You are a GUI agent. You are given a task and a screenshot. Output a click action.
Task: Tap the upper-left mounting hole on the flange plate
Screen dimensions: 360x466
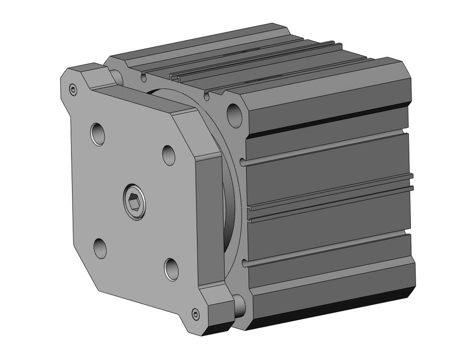pyautogui.click(x=98, y=134)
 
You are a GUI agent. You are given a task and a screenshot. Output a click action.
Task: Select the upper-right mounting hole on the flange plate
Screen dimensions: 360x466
pyautogui.click(x=169, y=155)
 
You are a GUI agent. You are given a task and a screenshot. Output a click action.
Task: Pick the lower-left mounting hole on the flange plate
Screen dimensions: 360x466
pyautogui.click(x=100, y=248)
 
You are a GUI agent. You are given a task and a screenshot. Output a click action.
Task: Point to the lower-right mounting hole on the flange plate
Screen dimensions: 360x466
pyautogui.click(x=171, y=268)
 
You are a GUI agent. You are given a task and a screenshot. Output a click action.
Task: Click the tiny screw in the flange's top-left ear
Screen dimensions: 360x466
pyautogui.click(x=73, y=91)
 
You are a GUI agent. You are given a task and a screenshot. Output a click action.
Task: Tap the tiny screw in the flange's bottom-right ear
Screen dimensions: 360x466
pyautogui.click(x=195, y=314)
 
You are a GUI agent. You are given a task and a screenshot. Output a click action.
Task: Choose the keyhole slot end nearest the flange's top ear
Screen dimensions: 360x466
pyautogui.click(x=144, y=78)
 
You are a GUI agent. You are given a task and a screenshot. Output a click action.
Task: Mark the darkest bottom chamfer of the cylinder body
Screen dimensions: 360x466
pyautogui.click(x=329, y=311)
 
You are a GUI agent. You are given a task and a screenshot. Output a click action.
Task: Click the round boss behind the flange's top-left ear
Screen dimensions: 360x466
pyautogui.click(x=117, y=76)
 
